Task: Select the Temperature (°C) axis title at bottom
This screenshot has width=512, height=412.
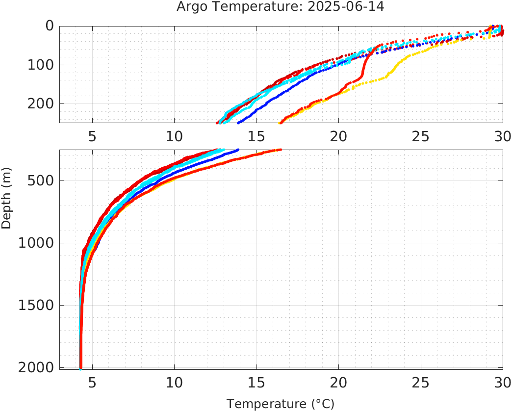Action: click(x=281, y=404)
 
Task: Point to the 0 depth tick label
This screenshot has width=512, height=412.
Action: click(x=50, y=26)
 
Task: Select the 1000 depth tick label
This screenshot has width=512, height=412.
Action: click(x=35, y=243)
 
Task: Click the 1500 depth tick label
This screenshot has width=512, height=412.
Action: click(x=35, y=305)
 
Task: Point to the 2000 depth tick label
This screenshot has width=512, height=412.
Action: click(x=35, y=367)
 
